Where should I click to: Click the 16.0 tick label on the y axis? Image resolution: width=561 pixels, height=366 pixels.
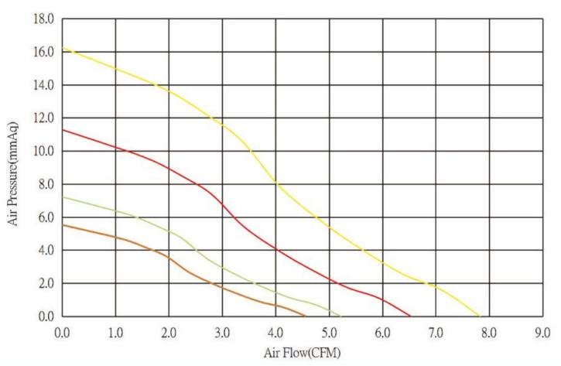coord(43,52)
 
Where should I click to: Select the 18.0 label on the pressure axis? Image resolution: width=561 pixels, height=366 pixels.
coord(43,19)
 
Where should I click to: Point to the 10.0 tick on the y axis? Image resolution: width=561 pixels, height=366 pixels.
coord(43,151)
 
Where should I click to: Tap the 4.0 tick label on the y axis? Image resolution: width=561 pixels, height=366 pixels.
coord(45,250)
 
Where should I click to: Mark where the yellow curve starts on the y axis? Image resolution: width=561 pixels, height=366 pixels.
coord(63,48)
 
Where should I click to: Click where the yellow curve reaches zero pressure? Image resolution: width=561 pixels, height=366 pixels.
coord(480,316)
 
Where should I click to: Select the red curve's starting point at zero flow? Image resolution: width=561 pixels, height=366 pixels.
coord(63,129)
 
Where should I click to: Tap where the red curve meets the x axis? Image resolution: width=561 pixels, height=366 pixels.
coord(410,316)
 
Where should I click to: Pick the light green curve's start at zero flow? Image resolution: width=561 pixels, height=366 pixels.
coord(63,197)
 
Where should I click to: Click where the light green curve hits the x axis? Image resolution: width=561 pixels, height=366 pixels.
coord(341,316)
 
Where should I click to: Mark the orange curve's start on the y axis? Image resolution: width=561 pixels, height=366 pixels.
coord(63,224)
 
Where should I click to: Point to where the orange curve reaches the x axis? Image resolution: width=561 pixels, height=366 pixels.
coord(305,316)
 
